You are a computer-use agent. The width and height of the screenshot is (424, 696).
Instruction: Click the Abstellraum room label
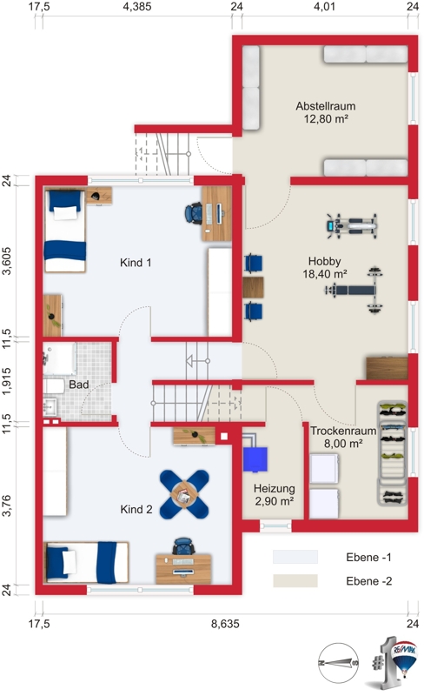[x=326, y=106]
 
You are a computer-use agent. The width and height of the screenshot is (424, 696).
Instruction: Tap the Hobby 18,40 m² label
[x=325, y=268]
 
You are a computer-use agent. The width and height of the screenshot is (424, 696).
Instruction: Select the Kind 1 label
[x=136, y=263]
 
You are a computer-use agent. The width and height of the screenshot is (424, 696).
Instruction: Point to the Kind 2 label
[x=136, y=509]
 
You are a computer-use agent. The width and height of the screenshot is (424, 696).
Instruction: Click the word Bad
[x=79, y=385]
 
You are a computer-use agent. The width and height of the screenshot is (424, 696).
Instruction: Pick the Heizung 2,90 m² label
[x=274, y=495]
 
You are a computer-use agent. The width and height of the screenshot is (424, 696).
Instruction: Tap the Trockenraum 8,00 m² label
[x=343, y=437]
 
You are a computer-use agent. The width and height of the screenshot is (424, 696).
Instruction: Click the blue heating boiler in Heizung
[x=255, y=459]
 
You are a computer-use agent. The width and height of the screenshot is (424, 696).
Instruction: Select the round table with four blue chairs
[x=184, y=494]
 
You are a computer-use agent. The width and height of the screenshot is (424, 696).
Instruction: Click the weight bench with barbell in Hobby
[x=354, y=291]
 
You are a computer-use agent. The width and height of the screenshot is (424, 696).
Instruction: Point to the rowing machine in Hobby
[x=352, y=226]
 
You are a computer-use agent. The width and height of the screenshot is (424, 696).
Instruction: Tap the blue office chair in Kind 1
[x=194, y=213]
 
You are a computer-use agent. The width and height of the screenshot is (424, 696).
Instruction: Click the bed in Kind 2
[x=87, y=562]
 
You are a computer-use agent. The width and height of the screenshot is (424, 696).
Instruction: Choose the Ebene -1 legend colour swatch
[x=295, y=557]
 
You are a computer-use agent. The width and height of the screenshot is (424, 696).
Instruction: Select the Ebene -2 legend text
[x=369, y=581]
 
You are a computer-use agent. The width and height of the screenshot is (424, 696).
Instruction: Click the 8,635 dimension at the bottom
[x=225, y=624]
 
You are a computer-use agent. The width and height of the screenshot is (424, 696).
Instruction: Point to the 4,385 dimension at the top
[x=137, y=7]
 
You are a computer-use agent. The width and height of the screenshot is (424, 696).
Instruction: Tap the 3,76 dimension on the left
[x=7, y=506]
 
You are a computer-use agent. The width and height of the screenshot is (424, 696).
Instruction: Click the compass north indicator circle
[x=338, y=663]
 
